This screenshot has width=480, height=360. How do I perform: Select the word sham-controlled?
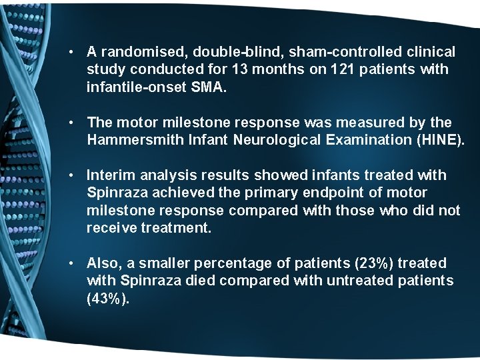point(323,51)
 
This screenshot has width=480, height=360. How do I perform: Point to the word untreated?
point(359,281)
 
